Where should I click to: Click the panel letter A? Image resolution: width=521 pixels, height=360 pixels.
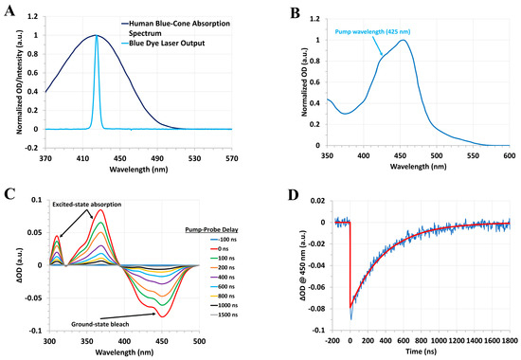tap(8, 9)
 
